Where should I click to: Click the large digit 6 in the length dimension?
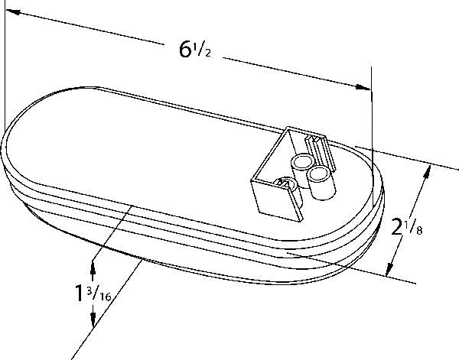(x=185, y=49)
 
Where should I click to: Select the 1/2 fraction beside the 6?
(x=202, y=50)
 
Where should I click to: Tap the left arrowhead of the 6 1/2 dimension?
(x=13, y=12)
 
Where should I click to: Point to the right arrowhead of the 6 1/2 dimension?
(x=363, y=87)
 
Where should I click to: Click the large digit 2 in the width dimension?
(x=397, y=227)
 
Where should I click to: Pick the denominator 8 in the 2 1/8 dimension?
(x=419, y=231)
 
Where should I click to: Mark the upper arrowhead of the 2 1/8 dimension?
(x=428, y=172)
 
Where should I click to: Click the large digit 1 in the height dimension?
(x=79, y=293)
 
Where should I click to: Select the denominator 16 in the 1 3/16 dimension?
(x=105, y=297)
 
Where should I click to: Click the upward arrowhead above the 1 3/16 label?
(x=93, y=267)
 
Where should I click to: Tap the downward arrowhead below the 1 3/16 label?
(x=93, y=319)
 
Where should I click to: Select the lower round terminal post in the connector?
(x=321, y=183)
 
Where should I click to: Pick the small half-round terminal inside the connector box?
(x=286, y=183)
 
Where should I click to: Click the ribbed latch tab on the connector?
(x=320, y=152)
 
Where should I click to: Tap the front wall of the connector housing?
(x=277, y=199)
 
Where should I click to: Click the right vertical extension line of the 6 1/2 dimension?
(x=373, y=138)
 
